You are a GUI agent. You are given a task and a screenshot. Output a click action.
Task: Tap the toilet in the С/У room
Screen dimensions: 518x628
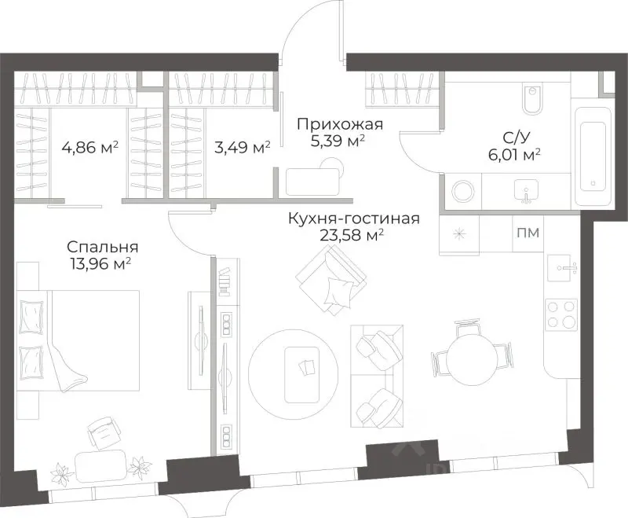coord(531,99)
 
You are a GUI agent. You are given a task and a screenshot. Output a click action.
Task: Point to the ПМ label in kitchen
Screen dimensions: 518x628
coord(528,232)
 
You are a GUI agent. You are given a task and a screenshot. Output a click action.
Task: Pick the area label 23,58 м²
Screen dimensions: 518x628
coord(352,235)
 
